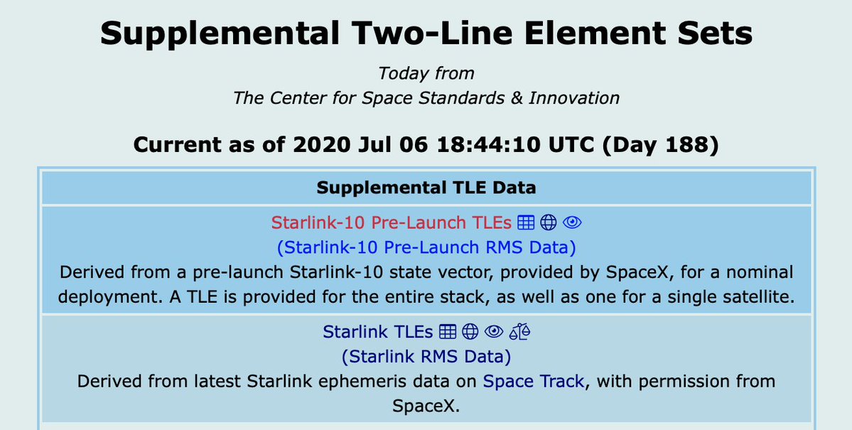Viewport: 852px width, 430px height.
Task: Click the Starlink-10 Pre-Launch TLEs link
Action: [x=392, y=222]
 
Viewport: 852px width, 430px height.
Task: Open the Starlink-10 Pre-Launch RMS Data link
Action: [x=426, y=247]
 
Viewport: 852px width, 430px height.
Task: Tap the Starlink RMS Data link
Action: [x=426, y=357]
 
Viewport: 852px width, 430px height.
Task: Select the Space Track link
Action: [x=534, y=381]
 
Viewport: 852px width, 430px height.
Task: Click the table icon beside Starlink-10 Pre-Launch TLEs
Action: [x=525, y=222]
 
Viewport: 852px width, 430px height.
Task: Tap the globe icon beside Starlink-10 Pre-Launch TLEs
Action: [x=549, y=222]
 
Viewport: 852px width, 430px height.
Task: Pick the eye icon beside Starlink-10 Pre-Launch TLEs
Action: [x=572, y=222]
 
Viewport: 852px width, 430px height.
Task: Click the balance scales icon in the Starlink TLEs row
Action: [x=519, y=331]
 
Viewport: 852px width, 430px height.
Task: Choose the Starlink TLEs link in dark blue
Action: [x=377, y=331]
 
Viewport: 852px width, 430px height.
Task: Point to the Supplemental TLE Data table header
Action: [x=426, y=188]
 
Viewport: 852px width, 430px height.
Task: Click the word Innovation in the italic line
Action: [x=574, y=98]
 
